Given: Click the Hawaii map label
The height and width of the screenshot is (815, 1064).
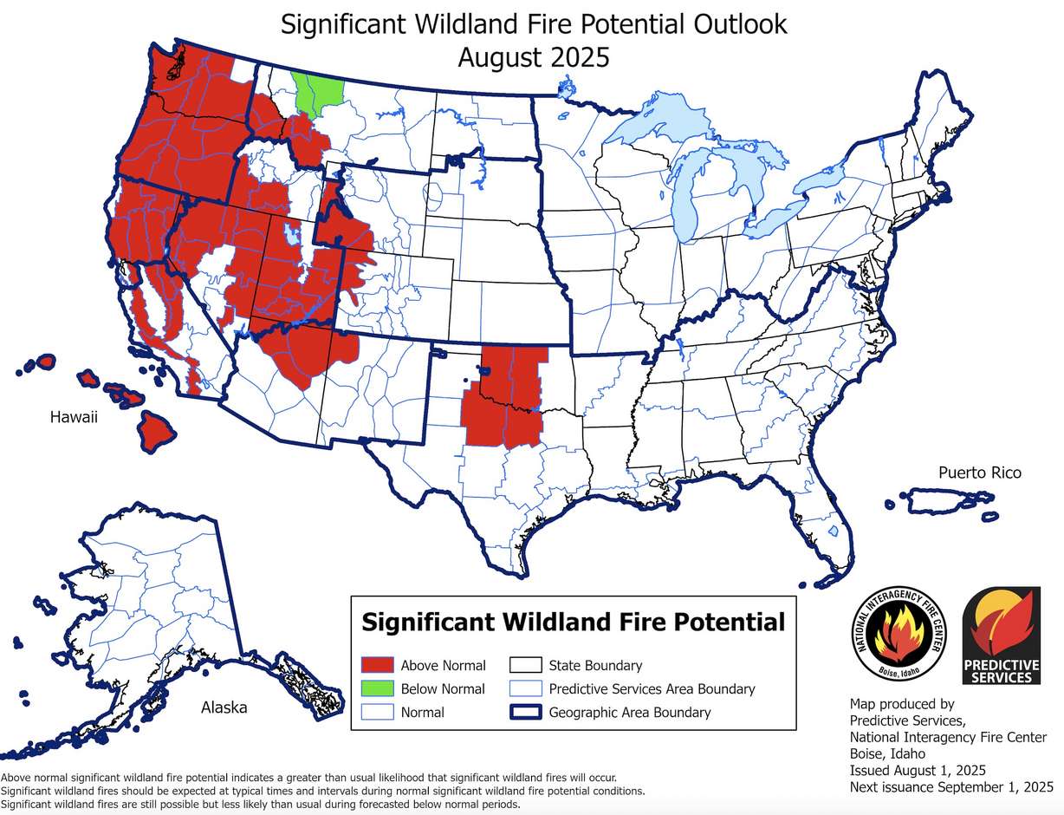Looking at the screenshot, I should (x=74, y=418).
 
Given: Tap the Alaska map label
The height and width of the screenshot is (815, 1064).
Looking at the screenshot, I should (x=224, y=707).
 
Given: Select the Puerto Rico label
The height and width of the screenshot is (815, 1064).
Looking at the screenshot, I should (x=979, y=473).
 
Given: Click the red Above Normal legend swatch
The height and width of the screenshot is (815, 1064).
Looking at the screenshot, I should (x=377, y=666).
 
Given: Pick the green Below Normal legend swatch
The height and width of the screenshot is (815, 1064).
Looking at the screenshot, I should (x=377, y=689).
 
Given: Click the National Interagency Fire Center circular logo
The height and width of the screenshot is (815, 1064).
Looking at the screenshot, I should (x=900, y=634).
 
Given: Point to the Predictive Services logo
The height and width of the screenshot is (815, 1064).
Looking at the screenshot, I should (x=1002, y=634).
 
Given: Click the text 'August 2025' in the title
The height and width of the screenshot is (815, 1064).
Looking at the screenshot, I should (x=533, y=58).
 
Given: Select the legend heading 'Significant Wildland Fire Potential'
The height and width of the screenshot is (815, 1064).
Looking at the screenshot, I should (x=573, y=623).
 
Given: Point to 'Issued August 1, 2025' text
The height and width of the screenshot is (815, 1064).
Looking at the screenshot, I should (x=918, y=770).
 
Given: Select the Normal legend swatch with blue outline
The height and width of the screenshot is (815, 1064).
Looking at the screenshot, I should (x=377, y=713).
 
